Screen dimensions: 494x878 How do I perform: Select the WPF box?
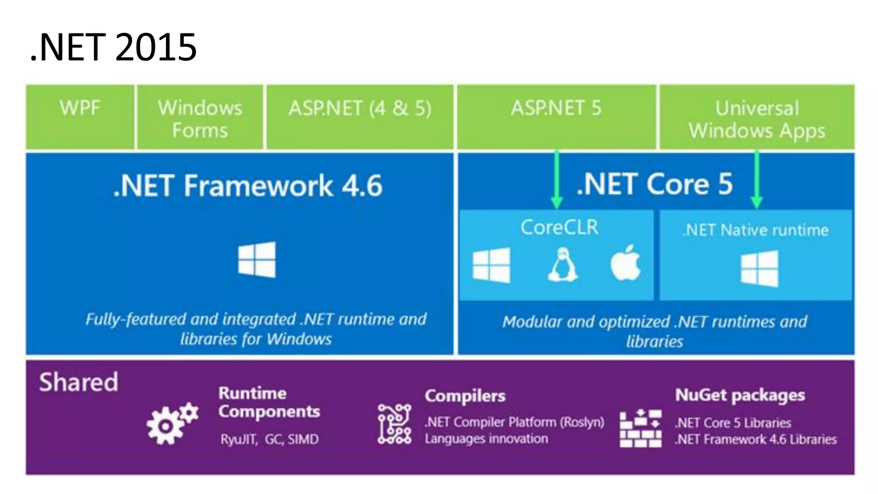(x=80, y=117)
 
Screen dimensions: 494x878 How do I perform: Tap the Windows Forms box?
(x=200, y=118)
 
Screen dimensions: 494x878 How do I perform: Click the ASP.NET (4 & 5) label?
(x=360, y=108)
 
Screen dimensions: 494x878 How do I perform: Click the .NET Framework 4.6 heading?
(x=248, y=186)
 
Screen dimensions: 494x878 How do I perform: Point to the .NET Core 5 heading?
(x=654, y=184)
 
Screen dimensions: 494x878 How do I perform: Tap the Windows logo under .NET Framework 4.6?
(x=257, y=259)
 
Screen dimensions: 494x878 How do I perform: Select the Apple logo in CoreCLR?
(x=625, y=263)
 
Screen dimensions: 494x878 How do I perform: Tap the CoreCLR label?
(x=559, y=227)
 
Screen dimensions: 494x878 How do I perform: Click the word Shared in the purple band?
(x=78, y=382)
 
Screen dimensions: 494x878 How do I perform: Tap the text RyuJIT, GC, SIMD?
(x=270, y=440)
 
